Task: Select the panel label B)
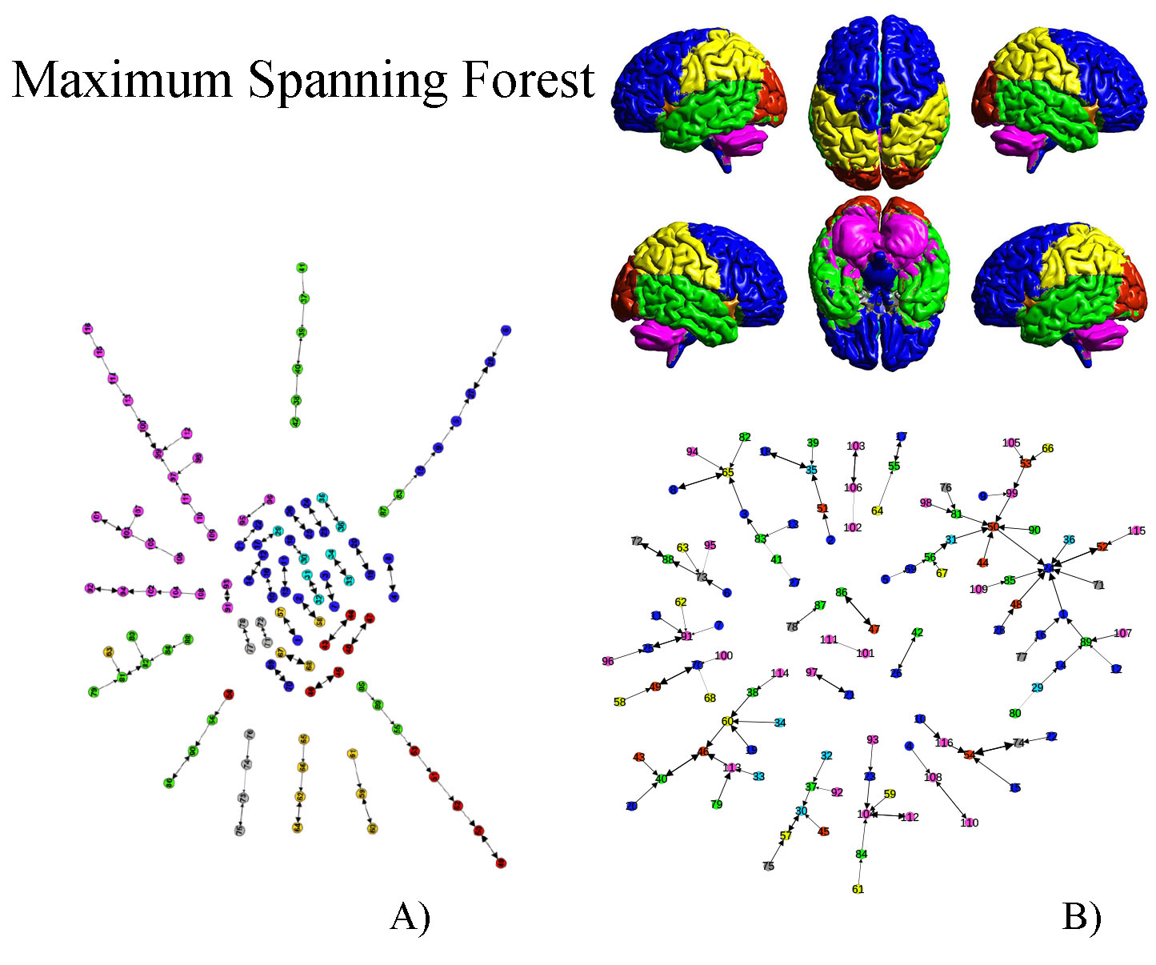1081,915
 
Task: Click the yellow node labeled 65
727,472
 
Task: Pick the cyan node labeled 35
811,470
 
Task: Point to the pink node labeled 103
855,446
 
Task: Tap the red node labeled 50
993,527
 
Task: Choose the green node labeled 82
745,437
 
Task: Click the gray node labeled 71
1098,585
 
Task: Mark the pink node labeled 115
1136,531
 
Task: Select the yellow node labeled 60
727,721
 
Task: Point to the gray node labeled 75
768,866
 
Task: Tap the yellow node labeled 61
858,889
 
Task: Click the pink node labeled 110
970,823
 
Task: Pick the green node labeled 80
1014,713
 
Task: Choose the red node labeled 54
969,754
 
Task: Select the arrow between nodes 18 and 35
788,461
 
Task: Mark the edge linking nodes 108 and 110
951,800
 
